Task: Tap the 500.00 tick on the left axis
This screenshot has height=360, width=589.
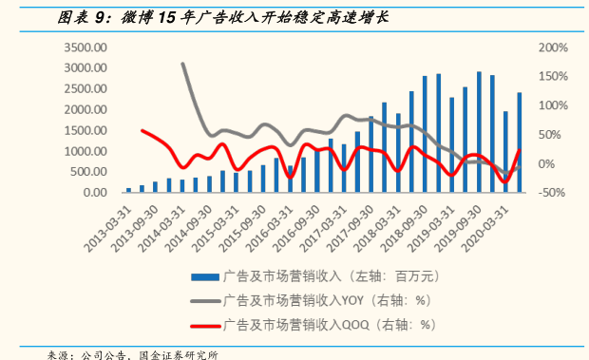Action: pos(86,172)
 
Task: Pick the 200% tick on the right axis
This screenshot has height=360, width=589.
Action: pos(552,47)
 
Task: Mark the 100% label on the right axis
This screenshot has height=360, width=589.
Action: pos(552,105)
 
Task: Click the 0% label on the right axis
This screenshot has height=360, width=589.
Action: pos(546,163)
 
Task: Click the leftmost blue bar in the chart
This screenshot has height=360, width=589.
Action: pos(128,190)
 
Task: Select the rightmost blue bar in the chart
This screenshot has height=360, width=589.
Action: pos(519,142)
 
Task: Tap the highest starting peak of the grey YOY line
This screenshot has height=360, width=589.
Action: pos(182,64)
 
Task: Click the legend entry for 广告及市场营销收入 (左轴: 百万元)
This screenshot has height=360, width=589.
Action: pos(328,278)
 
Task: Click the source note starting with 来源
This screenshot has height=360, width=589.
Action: pos(133,353)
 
